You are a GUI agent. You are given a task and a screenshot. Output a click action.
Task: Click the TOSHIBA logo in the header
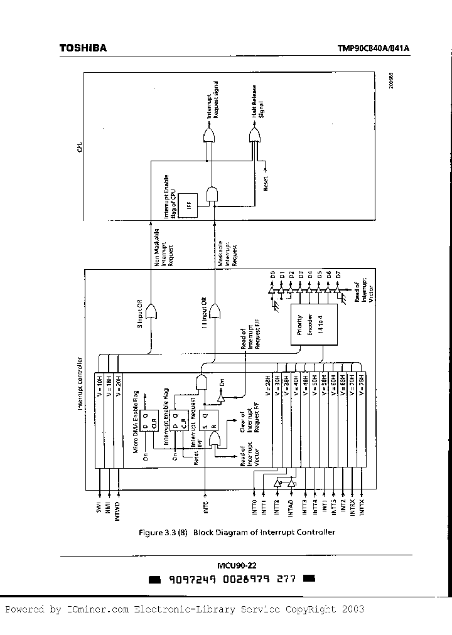point(82,48)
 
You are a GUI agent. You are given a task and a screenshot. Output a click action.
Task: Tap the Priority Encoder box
point(312,323)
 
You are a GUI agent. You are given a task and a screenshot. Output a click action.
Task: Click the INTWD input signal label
point(117,506)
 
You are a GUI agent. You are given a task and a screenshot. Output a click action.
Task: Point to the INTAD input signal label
point(290,506)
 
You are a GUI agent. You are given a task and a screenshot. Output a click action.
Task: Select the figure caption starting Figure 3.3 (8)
point(237,532)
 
